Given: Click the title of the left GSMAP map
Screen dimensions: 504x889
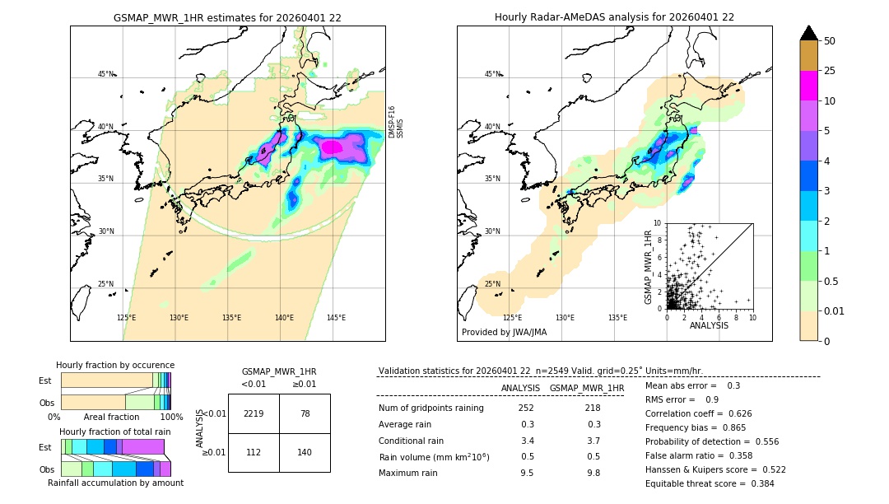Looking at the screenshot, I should pos(227,17).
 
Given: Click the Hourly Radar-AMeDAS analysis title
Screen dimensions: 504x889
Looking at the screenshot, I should pos(614,17).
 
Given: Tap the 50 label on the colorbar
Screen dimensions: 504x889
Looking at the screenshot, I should pos(830,41).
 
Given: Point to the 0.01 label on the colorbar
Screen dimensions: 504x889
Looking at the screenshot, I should pos(835,310).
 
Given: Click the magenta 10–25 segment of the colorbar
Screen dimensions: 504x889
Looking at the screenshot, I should pos(808,86).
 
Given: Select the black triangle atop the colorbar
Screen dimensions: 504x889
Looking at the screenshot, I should pos(808,33).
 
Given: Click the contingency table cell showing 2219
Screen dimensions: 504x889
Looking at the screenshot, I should pos(254,413).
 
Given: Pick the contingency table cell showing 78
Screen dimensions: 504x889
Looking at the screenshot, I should pos(305,413).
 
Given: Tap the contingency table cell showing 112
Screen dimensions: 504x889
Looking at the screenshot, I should pos(254,452).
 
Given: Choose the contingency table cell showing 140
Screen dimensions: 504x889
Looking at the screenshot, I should pos(305,452).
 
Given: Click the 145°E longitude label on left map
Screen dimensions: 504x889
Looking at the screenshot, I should pos(336,318).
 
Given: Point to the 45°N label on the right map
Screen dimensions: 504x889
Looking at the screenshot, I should pos(492,74).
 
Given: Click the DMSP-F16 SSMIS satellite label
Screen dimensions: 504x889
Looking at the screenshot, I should pos(396,121).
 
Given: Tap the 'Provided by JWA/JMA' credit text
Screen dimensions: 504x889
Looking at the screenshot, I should pos(504,332).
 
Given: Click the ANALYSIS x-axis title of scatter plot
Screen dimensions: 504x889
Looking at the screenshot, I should pos(709,325).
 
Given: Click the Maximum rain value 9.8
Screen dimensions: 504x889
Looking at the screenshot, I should pos(593,473).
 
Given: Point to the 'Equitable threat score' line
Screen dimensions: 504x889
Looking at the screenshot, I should pos(710,483).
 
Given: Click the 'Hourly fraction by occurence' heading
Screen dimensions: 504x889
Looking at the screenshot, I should pos(115,365).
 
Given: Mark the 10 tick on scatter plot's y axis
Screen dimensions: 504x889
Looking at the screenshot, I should pos(658,223).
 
